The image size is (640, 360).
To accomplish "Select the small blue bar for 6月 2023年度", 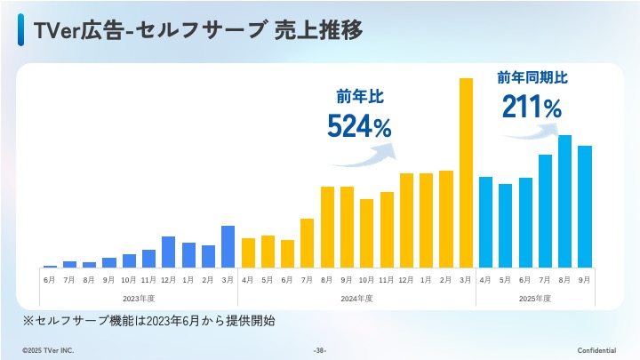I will point(50,266).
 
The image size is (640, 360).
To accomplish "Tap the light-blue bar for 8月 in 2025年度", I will point(564,201).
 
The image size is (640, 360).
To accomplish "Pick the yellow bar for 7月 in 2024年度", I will point(307,243).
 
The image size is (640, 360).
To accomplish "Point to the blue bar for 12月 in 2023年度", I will point(168,252).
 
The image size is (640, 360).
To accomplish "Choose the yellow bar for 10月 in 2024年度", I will point(366,233).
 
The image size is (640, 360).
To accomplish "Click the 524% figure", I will point(359,127).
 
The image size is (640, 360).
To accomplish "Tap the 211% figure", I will point(532,108).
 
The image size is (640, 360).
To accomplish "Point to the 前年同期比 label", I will point(532,78).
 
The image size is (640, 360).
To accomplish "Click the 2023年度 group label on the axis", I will point(139,297).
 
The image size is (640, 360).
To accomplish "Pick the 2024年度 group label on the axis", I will point(356,297).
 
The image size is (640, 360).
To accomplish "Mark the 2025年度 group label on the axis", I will point(535,297).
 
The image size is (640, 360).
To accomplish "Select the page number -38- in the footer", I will point(320,350).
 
